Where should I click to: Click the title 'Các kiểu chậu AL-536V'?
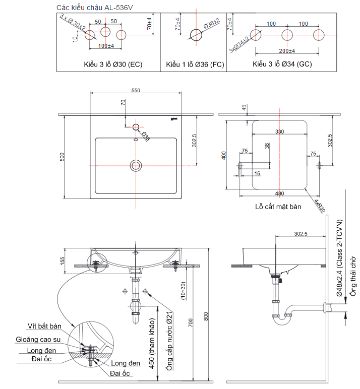pyautogui.click(x=95, y=8)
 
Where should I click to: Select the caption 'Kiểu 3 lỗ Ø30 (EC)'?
pyautogui.click(x=113, y=64)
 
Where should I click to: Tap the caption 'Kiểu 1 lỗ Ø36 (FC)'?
pyautogui.click(x=195, y=64)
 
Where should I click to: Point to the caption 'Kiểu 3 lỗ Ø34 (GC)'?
pyautogui.click(x=282, y=64)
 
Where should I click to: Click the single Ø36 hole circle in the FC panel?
pyautogui.click(x=196, y=35)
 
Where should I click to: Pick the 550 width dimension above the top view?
pyautogui.click(x=136, y=90)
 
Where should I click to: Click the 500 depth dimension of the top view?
pyautogui.click(x=62, y=157)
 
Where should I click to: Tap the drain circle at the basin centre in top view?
pyautogui.click(x=136, y=165)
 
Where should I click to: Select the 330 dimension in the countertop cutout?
pyautogui.click(x=279, y=132)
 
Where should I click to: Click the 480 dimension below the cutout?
pyautogui.click(x=279, y=193)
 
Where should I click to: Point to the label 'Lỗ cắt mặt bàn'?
pyautogui.click(x=278, y=207)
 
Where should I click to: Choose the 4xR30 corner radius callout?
pyautogui.click(x=320, y=206)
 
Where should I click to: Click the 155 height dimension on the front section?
pyautogui.click(x=62, y=261)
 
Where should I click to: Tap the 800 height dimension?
pyautogui.click(x=206, y=316)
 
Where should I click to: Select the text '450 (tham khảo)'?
pyautogui.click(x=152, y=343)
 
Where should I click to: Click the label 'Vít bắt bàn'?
pyautogui.click(x=44, y=326)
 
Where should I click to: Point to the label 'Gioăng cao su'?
pyautogui.click(x=38, y=340)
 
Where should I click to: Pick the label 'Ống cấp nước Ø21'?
pyautogui.click(x=169, y=341)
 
